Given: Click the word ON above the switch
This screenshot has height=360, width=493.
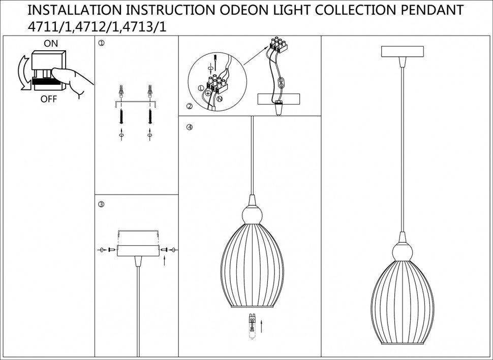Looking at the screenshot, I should tap(51, 44).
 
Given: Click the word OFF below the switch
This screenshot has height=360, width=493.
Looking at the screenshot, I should tap(49, 100).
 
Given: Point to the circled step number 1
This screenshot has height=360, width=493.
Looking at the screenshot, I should tap(101, 44).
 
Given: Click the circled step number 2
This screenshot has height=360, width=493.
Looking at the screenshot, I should tap(190, 106).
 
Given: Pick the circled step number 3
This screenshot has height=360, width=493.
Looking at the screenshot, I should tap(101, 204).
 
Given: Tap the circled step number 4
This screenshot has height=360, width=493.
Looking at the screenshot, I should tap(190, 127).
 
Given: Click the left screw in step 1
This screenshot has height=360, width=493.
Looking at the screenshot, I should tap(121, 116).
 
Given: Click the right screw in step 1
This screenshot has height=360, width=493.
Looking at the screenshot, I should tap(150, 116).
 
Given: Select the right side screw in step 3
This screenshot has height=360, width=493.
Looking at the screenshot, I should tap(166, 250).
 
